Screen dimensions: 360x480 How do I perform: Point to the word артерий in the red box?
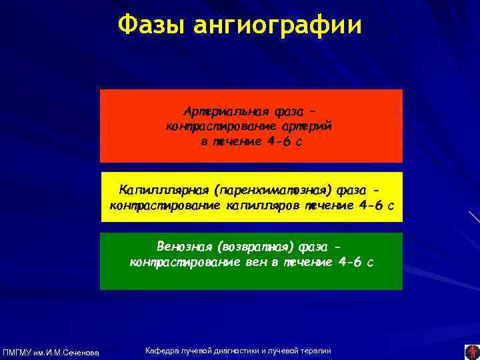pos(309,126)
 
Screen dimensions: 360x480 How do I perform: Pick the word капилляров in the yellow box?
pos(264,205)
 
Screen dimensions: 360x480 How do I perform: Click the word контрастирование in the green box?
pos(185,262)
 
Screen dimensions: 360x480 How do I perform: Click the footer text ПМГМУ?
pos(17,352)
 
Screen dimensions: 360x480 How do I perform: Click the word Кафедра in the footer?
pos(161,351)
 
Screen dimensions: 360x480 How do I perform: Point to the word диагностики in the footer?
pos(237,351)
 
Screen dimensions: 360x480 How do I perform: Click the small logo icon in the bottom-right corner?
pos(471,351)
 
